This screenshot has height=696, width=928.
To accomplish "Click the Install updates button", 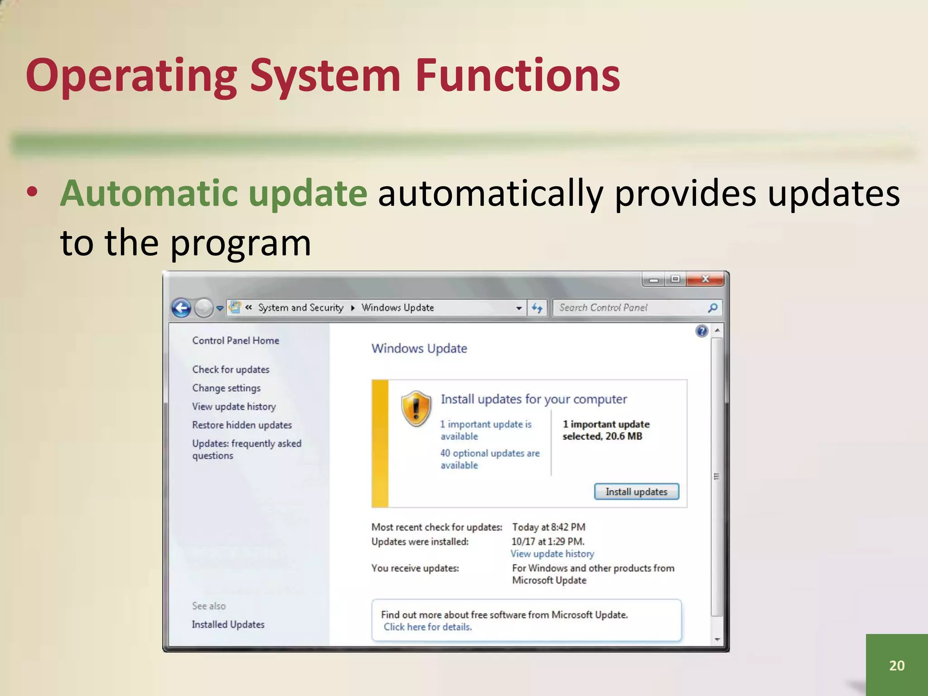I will click(636, 492).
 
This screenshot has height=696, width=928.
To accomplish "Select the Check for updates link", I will click(231, 369).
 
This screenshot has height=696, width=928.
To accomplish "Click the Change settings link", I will click(226, 388).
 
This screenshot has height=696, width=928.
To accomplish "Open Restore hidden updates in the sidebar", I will click(242, 425).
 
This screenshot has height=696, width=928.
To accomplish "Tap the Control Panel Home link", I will click(235, 340).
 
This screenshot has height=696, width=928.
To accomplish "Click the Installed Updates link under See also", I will click(228, 624).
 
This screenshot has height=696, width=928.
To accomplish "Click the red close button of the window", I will click(705, 279).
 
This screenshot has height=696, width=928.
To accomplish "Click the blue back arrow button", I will click(181, 309).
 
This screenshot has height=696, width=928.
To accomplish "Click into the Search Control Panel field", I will click(630, 308).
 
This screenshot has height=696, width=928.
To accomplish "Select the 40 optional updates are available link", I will click(489, 459).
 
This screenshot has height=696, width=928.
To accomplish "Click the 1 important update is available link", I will click(485, 430).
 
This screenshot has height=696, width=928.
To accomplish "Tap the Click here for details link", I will click(427, 627).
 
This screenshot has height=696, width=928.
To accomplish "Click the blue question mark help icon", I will click(701, 331).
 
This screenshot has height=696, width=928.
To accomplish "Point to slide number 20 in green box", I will click(897, 665).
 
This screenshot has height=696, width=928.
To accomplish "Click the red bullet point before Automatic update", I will click(32, 192).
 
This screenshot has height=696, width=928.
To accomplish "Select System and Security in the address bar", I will click(300, 308).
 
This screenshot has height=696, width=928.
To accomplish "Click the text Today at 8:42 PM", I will click(548, 527).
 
